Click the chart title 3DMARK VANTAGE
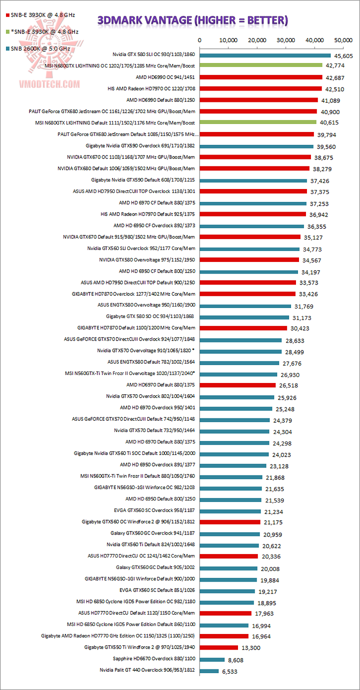pos(192,20)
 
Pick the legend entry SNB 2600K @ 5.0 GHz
pos(42,48)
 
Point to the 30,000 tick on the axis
pos(286,40)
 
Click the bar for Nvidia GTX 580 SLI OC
pos(265,55)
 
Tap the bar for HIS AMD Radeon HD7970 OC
pos(260,88)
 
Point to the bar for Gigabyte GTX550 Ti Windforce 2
pos(218,648)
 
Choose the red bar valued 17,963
pos(225,613)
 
